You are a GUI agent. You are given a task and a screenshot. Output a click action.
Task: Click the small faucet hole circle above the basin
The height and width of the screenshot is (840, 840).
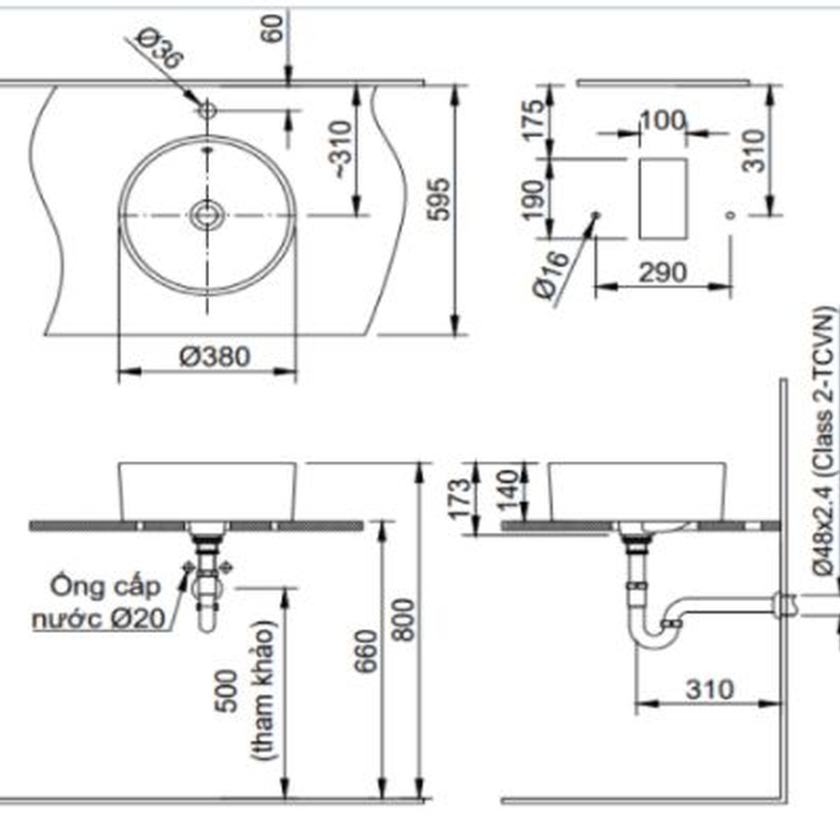coord(206,110)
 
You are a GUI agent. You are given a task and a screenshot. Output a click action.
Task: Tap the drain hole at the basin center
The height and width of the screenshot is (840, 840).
coord(206,215)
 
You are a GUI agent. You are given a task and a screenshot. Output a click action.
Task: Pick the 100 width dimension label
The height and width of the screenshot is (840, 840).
coord(663,120)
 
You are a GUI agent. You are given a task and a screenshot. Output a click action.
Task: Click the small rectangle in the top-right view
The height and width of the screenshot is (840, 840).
coord(664,197)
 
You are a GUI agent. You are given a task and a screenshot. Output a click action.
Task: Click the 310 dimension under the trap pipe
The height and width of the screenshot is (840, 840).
coord(708,690)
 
